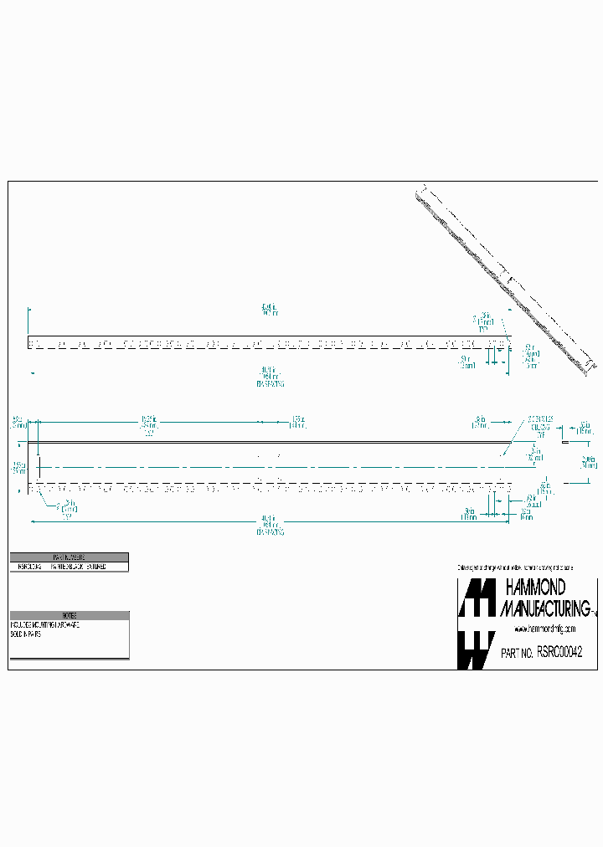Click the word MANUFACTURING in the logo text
[x=544, y=608]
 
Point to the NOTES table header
[x=70, y=615]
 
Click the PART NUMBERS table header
[x=70, y=557]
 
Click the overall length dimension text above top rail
[x=269, y=311]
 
